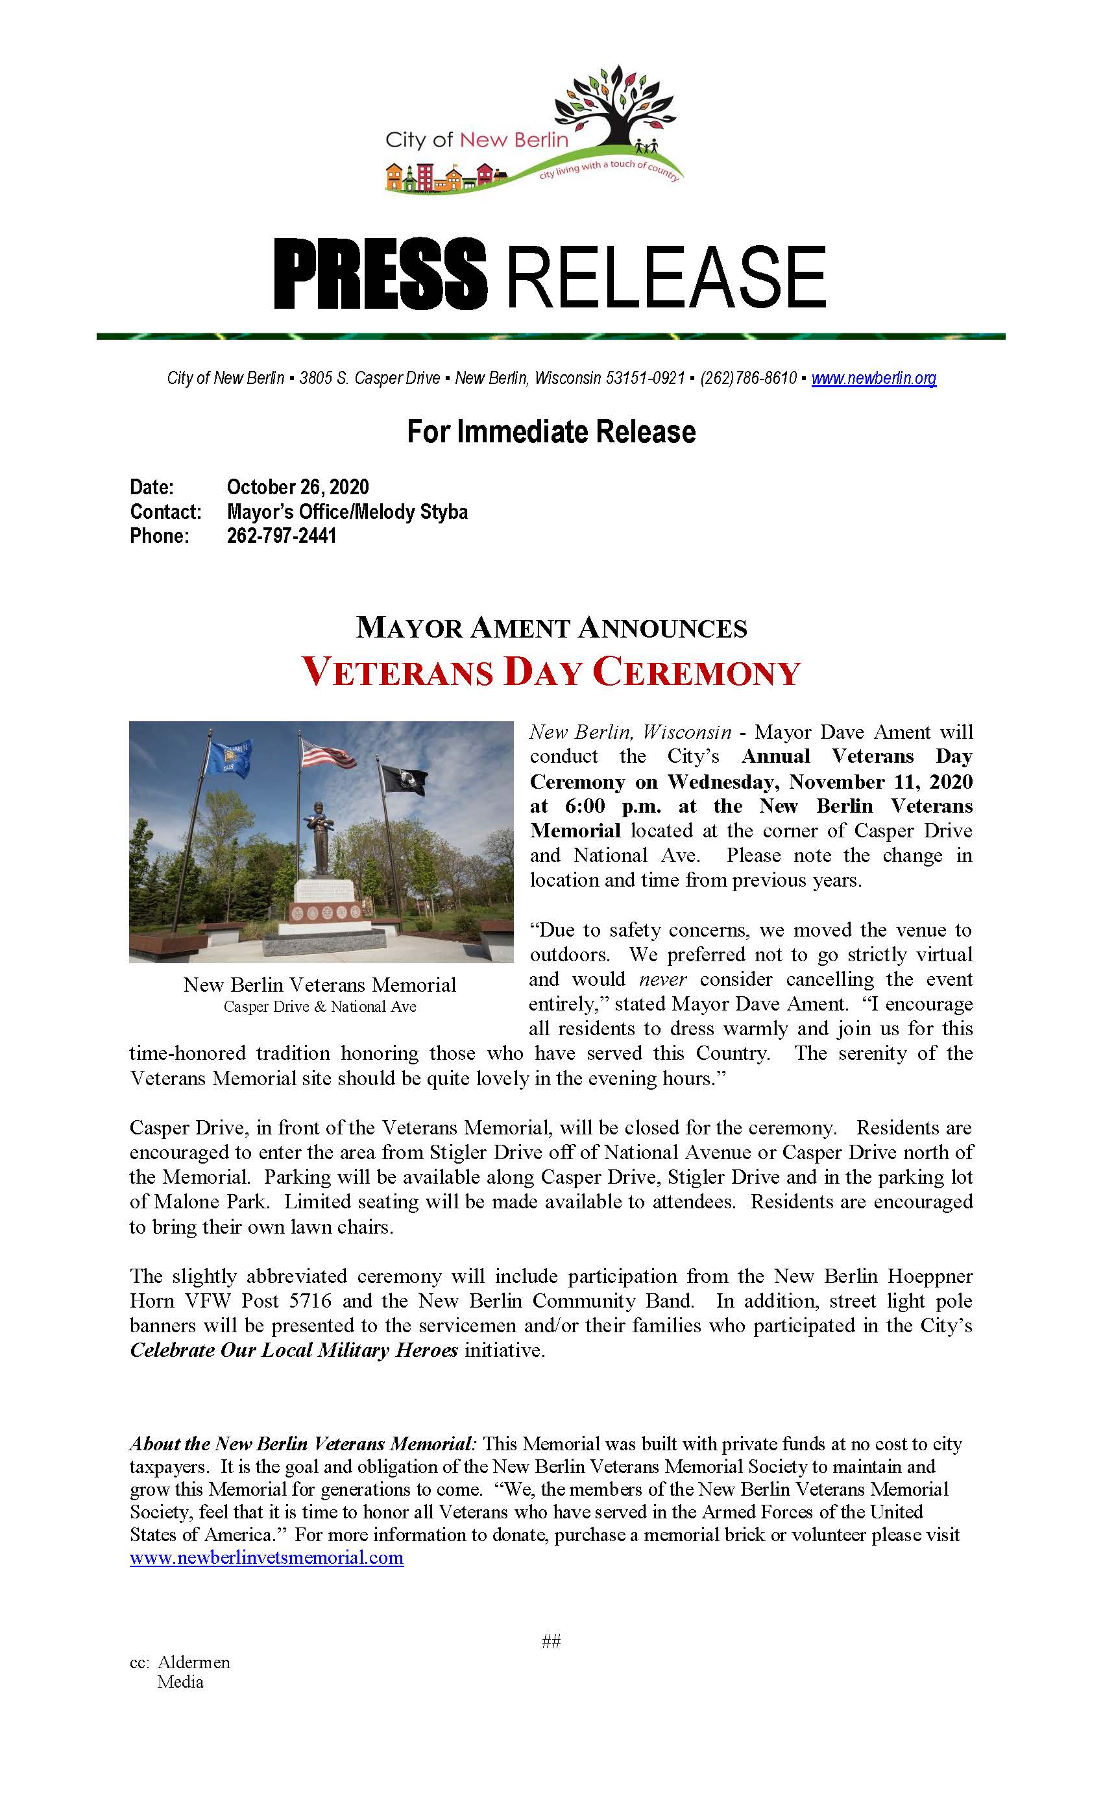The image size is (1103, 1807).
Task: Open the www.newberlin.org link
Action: tap(873, 378)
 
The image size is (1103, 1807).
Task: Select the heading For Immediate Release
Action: tap(551, 432)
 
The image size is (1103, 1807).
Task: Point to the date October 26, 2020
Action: tap(298, 487)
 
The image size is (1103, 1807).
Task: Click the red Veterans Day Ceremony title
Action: tap(551, 671)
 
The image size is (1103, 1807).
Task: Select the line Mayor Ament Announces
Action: tap(551, 628)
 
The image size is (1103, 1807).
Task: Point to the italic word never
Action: tap(663, 979)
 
